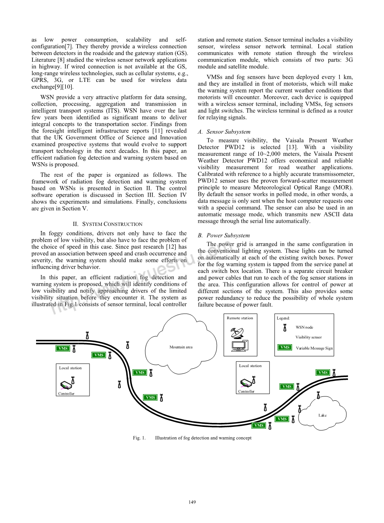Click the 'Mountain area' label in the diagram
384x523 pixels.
coord(181,347)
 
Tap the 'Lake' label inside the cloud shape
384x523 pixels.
coord(322,415)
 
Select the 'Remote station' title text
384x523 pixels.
coord(240,318)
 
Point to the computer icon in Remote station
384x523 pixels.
coord(240,346)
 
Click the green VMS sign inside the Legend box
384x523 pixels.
coord(285,347)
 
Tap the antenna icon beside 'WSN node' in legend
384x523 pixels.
coord(285,328)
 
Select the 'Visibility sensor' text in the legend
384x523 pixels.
coord(308,337)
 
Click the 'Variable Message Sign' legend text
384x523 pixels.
coord(314,348)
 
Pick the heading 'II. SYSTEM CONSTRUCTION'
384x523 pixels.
coord(108,224)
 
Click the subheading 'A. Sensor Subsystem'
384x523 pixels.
coord(224,132)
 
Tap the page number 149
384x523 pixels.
coord(192,502)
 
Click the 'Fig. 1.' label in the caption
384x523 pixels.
coord(139,438)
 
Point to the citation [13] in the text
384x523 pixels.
coord(292,147)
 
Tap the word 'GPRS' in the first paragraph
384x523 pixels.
coord(40,80)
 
